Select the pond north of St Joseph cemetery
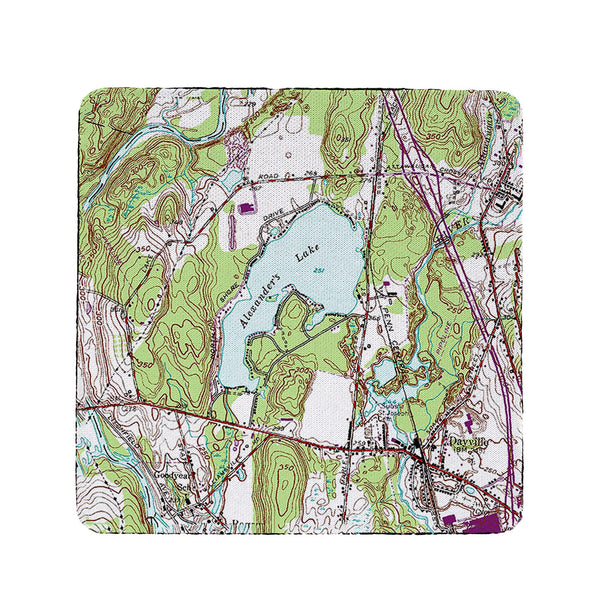point(387,376)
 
